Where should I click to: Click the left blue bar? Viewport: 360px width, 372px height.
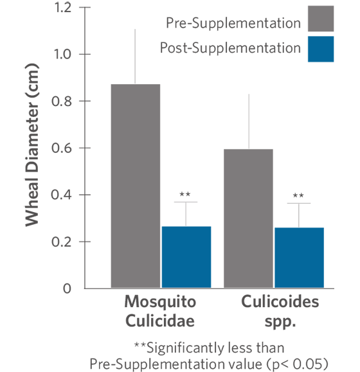188,257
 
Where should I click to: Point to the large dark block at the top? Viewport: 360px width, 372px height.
225,39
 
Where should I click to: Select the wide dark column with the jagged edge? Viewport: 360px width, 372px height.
51,161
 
